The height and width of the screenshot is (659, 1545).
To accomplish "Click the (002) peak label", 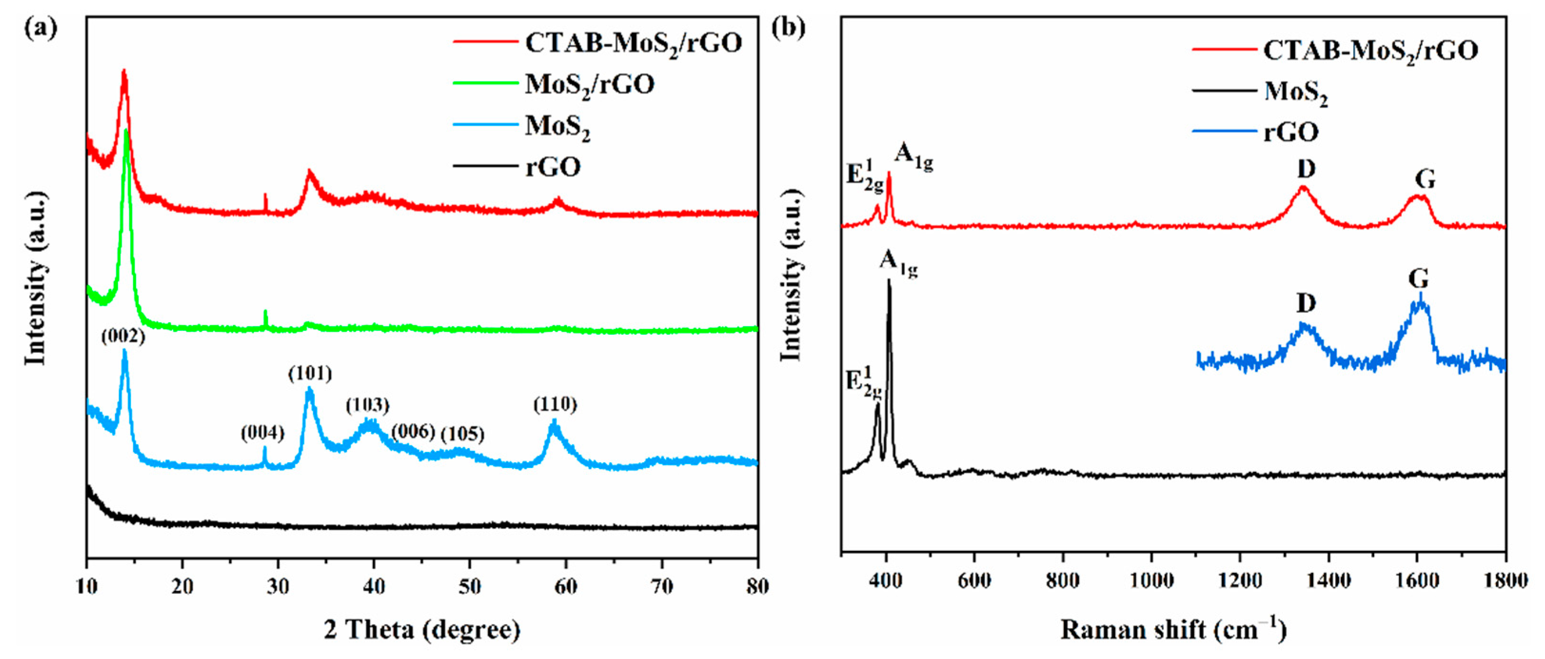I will [123, 337].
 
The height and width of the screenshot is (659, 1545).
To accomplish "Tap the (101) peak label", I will [309, 374].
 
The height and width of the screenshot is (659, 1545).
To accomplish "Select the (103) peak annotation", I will [367, 405].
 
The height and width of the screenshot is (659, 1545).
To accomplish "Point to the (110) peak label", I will [555, 405].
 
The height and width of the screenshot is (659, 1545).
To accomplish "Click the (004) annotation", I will [262, 433].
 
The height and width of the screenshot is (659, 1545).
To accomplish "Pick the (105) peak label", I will [463, 434].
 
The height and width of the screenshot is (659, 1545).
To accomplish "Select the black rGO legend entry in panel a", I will [552, 167].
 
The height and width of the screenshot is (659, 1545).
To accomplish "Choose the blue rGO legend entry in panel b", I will [1291, 131].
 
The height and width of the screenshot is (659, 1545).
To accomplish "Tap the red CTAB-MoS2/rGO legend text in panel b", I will [1370, 51].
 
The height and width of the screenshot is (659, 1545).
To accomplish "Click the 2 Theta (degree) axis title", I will [422, 629].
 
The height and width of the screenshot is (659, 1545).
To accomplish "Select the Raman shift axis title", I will [1174, 629].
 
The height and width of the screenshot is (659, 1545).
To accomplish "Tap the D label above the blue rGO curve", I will [1306, 304].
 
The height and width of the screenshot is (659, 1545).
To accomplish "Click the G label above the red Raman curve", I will [1425, 180].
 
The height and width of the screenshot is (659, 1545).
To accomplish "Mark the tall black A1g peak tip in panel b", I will [888, 281].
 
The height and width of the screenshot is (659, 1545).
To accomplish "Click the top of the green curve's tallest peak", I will [126, 131].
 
